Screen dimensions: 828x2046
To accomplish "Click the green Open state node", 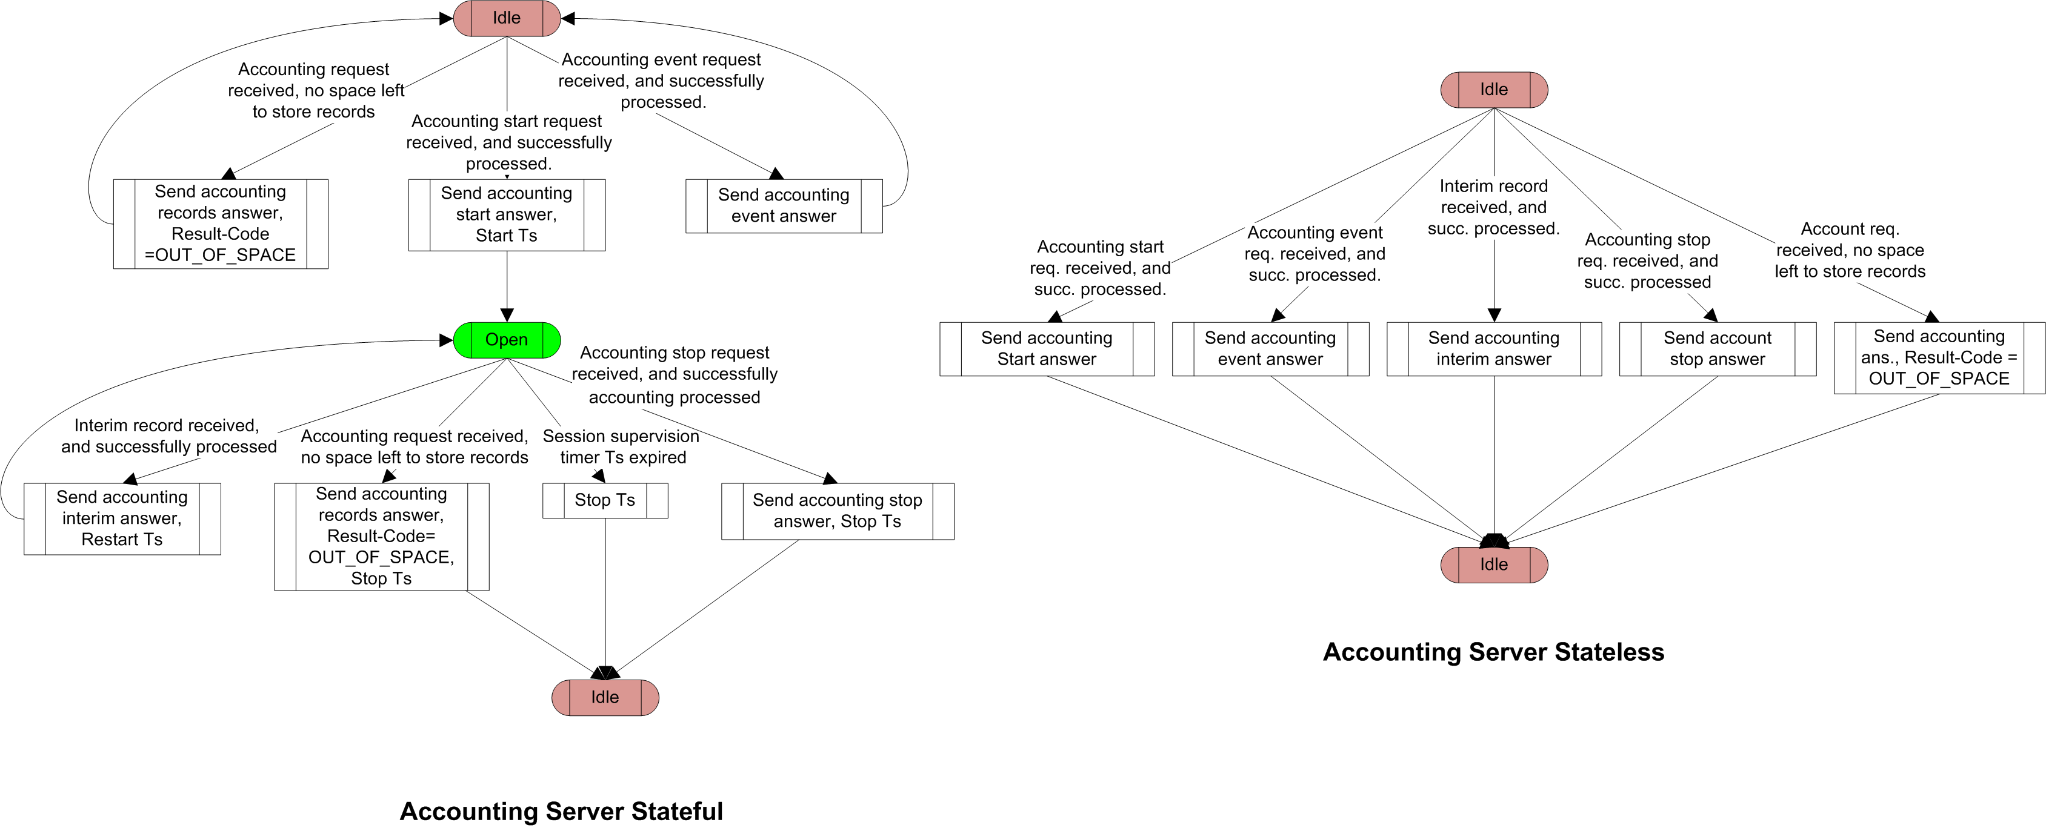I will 507,340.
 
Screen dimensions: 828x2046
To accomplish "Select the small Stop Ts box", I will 605,500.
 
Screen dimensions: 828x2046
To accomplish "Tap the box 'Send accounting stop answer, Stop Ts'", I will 837,511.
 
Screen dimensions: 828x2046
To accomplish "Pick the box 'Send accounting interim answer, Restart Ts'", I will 122,518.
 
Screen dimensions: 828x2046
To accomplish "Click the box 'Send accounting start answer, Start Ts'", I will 507,214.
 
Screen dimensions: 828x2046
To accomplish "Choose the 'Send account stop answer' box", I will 1717,348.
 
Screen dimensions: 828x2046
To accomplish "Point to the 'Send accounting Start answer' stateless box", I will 1047,348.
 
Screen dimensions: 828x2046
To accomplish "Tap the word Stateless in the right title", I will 1608,652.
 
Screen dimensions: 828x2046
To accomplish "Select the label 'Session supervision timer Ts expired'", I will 622,447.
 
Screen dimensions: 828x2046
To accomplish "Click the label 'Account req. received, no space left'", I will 1850,250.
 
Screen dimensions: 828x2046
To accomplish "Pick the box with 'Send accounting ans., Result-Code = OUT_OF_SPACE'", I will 1939,357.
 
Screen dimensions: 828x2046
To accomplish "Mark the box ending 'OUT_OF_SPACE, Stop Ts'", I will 381,536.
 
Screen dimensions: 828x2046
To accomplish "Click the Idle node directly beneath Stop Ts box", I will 605,697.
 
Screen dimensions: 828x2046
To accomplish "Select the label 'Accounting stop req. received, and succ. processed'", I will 1647,260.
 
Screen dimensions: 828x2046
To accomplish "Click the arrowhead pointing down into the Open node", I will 507,315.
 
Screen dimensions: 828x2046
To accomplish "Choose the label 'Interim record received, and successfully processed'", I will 168,436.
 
